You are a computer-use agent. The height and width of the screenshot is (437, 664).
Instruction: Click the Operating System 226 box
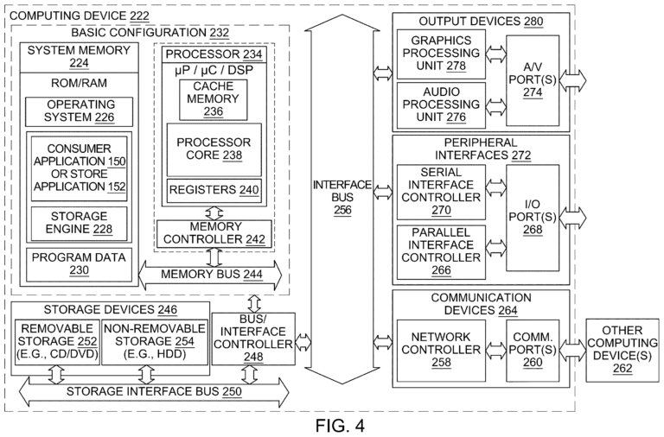(80, 112)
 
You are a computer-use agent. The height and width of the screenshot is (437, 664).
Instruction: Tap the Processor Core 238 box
(213, 149)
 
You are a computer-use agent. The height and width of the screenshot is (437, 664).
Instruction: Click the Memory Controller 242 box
(213, 232)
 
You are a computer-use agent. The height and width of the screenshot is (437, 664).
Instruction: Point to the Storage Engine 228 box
(80, 223)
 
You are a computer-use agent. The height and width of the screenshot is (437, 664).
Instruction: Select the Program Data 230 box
(80, 262)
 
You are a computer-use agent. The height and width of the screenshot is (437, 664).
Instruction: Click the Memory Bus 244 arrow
(211, 275)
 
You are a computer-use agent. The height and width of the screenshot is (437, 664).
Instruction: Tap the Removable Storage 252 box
(56, 341)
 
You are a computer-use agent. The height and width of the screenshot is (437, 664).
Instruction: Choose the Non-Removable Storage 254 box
(154, 341)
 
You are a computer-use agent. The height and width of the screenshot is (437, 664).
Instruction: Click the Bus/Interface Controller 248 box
(252, 339)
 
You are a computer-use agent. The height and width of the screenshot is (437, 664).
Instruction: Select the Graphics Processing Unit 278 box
(439, 54)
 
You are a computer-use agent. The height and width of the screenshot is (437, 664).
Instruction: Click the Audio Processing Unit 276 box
(439, 103)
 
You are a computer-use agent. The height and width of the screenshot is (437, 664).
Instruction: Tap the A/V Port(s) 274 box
(533, 79)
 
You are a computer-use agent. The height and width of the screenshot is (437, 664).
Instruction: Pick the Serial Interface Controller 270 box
(439, 191)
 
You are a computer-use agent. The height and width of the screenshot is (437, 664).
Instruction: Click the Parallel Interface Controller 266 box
(439, 250)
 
